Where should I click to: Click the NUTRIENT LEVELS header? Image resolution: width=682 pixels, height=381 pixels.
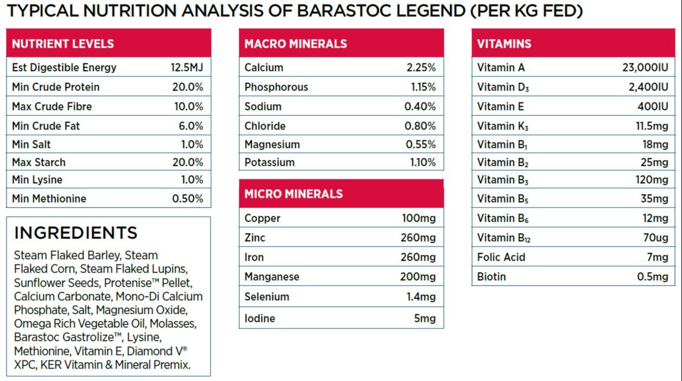[x=63, y=44]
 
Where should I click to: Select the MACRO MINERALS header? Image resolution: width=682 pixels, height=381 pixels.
[x=296, y=44]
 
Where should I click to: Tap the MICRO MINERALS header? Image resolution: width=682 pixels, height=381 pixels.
[x=294, y=194]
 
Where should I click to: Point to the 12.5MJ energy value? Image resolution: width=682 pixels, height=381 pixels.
[x=187, y=68]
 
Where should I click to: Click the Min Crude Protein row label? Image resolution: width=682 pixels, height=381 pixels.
[x=56, y=87]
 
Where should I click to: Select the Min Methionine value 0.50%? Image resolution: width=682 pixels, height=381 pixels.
[x=188, y=199]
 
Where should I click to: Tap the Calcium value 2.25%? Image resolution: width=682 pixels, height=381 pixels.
[x=421, y=68]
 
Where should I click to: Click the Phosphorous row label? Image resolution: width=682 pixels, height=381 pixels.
[x=276, y=87]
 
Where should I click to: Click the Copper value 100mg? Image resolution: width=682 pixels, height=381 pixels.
[x=418, y=218]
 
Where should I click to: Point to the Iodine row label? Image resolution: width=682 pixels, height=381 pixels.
[x=260, y=319]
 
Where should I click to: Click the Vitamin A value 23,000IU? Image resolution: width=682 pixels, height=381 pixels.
[x=645, y=68]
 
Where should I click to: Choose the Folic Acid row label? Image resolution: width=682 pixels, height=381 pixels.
[x=501, y=257]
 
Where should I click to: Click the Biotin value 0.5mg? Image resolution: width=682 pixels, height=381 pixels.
[x=653, y=277]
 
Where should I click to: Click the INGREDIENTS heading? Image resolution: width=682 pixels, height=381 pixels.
[x=76, y=233]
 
